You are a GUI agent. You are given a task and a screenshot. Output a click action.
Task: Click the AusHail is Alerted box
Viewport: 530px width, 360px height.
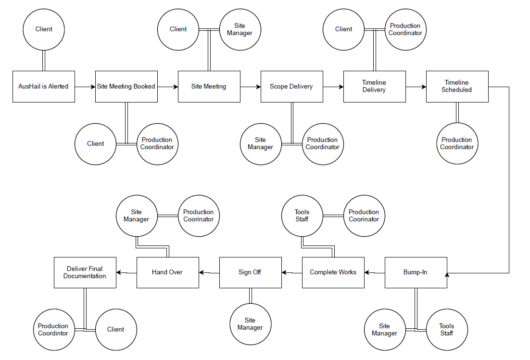[x=43, y=87]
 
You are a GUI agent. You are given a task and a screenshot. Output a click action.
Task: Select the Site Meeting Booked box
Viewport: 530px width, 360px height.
[x=126, y=87]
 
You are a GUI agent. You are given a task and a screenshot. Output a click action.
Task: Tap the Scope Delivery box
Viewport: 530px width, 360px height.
[x=291, y=87]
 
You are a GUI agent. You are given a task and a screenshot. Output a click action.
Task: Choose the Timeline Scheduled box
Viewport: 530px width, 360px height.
[x=457, y=87]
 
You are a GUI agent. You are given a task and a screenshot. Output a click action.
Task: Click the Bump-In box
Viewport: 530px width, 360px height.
[x=416, y=272]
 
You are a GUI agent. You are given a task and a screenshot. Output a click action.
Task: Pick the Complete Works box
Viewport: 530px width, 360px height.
[x=333, y=272]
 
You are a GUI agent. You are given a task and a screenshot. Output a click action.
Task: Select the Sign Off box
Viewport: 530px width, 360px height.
[x=250, y=272]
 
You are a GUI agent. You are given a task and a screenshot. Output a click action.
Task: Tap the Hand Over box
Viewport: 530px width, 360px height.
[x=167, y=272]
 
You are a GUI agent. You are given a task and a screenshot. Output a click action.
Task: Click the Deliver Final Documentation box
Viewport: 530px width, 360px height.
[x=85, y=272]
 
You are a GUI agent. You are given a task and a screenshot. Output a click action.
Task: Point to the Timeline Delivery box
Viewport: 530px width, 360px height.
[x=374, y=87]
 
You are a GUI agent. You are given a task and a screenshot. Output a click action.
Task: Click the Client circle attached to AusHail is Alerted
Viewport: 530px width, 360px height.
[x=44, y=29]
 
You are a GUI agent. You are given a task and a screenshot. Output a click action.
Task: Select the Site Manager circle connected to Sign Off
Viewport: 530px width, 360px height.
[x=250, y=324]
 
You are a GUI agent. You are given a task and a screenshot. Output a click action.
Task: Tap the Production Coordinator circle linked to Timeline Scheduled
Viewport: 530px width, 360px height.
[x=457, y=143]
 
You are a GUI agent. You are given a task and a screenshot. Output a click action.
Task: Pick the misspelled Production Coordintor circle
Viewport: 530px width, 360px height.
[x=54, y=330]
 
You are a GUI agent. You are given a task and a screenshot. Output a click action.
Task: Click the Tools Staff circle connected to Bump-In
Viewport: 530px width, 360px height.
[x=446, y=330]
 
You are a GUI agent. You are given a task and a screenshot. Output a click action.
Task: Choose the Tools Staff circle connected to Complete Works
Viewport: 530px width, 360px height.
[x=302, y=216]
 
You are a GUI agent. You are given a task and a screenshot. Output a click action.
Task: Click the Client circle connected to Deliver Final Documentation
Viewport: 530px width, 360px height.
[x=116, y=330]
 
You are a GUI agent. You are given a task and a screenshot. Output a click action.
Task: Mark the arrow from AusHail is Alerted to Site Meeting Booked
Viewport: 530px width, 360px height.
[x=85, y=87]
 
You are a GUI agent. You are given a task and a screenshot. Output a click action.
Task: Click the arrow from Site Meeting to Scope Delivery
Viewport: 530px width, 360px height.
[x=251, y=87]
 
